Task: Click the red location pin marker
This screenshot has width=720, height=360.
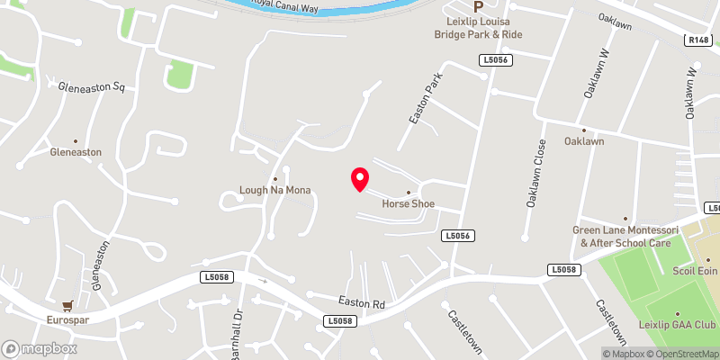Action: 359,179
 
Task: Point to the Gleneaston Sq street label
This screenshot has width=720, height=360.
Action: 90,88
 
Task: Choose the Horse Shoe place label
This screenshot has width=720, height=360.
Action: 408,203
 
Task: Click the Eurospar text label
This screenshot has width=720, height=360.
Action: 68,319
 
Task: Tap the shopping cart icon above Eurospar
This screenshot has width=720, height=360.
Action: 66,306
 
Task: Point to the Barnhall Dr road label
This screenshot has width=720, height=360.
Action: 239,332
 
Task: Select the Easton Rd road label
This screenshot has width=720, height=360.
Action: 362,304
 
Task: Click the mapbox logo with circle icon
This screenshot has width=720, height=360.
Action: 39,348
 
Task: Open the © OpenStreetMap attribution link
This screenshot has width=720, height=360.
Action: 679,354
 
